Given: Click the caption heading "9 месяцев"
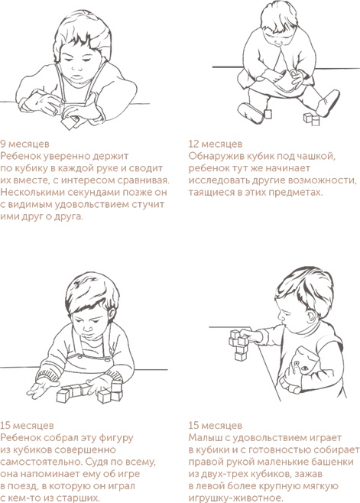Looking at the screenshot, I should [26, 143].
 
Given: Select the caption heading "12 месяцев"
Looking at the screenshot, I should [216, 143].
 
